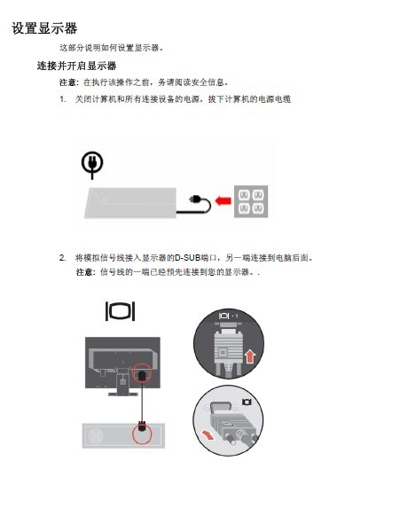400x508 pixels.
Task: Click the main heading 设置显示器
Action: click(x=44, y=28)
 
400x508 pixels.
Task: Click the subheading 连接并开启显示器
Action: click(x=76, y=66)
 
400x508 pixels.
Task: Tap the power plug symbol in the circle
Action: click(x=92, y=165)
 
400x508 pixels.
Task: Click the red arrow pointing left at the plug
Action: click(x=223, y=201)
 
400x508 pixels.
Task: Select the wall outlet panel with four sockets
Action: click(x=251, y=201)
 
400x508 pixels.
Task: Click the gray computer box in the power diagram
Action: click(x=130, y=203)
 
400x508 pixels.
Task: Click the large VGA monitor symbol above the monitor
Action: click(x=121, y=311)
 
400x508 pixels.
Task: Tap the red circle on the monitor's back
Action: click(x=142, y=372)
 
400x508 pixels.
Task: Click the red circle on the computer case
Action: click(x=142, y=434)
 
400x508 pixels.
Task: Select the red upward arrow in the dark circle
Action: click(x=250, y=357)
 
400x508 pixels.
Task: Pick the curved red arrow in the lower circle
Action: click(x=208, y=434)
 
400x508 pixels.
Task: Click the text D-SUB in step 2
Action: click(x=188, y=258)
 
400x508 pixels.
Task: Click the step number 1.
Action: click(x=62, y=99)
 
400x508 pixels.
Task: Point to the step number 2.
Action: click(x=62, y=258)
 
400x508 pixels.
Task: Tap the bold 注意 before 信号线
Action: click(x=84, y=272)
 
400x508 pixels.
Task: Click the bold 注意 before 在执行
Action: click(x=67, y=82)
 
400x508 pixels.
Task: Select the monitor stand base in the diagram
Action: click(x=123, y=394)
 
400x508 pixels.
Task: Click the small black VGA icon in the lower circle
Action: click(x=247, y=402)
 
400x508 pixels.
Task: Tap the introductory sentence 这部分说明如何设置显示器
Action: click(x=111, y=48)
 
